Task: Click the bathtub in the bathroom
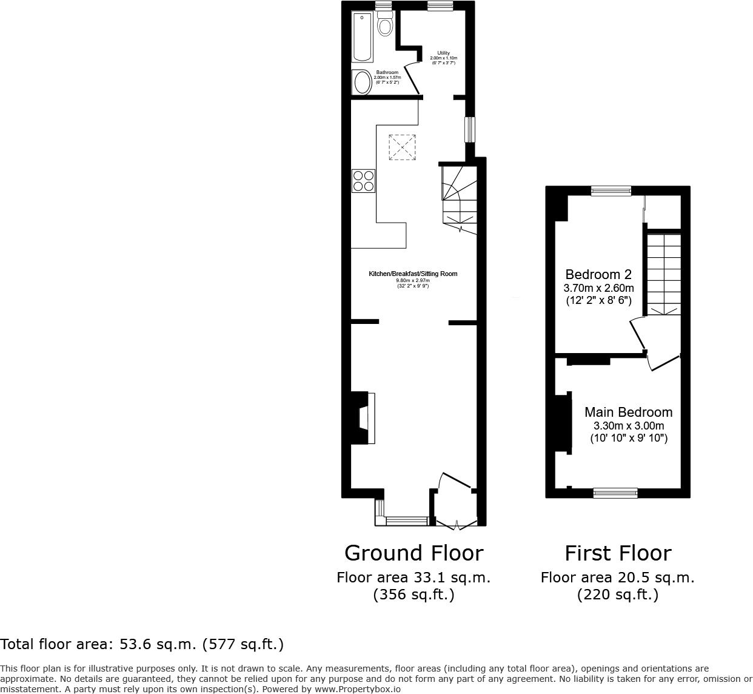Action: click(x=362, y=36)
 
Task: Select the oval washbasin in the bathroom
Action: click(x=363, y=83)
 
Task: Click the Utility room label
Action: click(x=444, y=53)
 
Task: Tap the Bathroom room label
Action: click(x=387, y=72)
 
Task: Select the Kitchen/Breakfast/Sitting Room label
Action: click(x=413, y=274)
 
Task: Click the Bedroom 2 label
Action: click(x=593, y=274)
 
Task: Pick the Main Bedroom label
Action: click(x=628, y=412)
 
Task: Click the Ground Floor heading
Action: click(x=413, y=553)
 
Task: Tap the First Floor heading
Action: click(x=618, y=553)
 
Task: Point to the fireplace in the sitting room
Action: click(x=364, y=419)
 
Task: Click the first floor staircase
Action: click(x=664, y=273)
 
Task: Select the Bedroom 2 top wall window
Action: click(x=611, y=191)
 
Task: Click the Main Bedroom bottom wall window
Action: click(x=615, y=493)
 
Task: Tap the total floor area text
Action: click(x=142, y=644)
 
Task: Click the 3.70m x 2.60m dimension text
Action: click(x=599, y=288)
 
